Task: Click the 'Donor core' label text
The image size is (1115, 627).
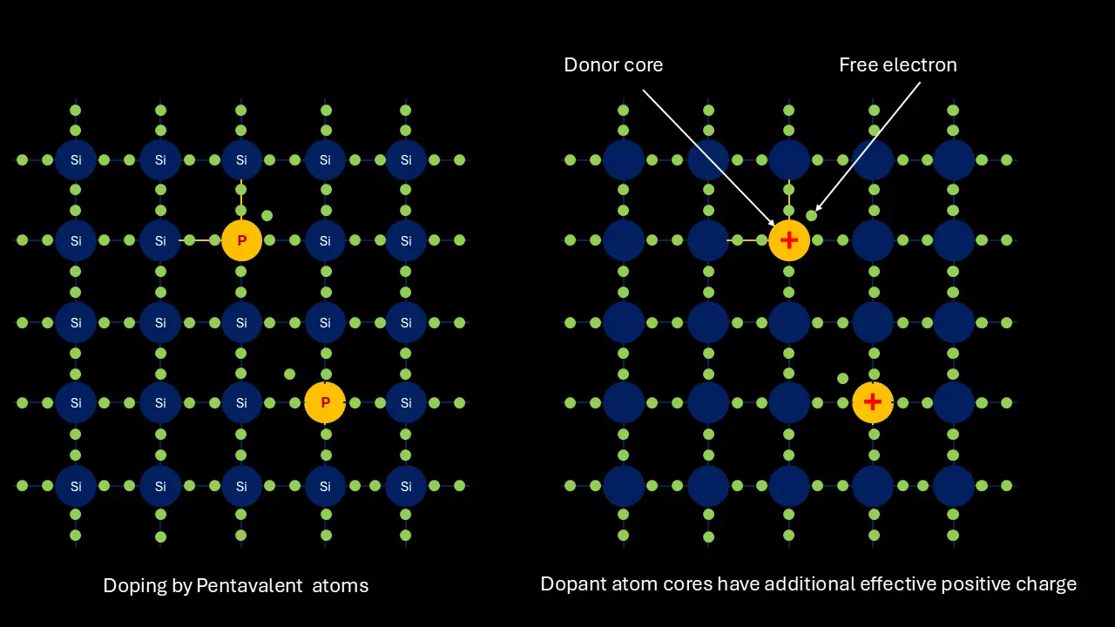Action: [x=613, y=64]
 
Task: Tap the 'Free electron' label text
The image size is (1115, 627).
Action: [x=898, y=64]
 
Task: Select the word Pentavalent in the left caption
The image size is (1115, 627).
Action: [x=249, y=586]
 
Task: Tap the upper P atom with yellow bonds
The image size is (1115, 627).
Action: [x=241, y=241]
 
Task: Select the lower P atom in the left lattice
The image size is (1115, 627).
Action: [x=325, y=402]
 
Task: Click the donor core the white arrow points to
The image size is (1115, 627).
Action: [x=789, y=241]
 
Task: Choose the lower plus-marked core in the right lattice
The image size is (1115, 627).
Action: [x=873, y=402]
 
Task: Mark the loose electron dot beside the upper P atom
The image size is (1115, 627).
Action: [x=267, y=215]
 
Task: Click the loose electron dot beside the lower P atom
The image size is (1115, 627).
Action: [x=289, y=374]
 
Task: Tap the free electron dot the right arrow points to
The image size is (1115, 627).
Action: [x=811, y=215]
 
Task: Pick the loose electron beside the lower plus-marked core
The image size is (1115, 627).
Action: [x=842, y=379]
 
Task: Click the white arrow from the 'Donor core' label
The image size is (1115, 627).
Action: [x=708, y=158]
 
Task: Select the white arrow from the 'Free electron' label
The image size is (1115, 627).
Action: [x=868, y=147]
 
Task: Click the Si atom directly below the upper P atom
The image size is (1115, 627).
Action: [x=241, y=322]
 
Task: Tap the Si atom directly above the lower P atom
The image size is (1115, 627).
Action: [x=325, y=322]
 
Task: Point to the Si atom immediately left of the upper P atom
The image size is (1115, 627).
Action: [x=160, y=241]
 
